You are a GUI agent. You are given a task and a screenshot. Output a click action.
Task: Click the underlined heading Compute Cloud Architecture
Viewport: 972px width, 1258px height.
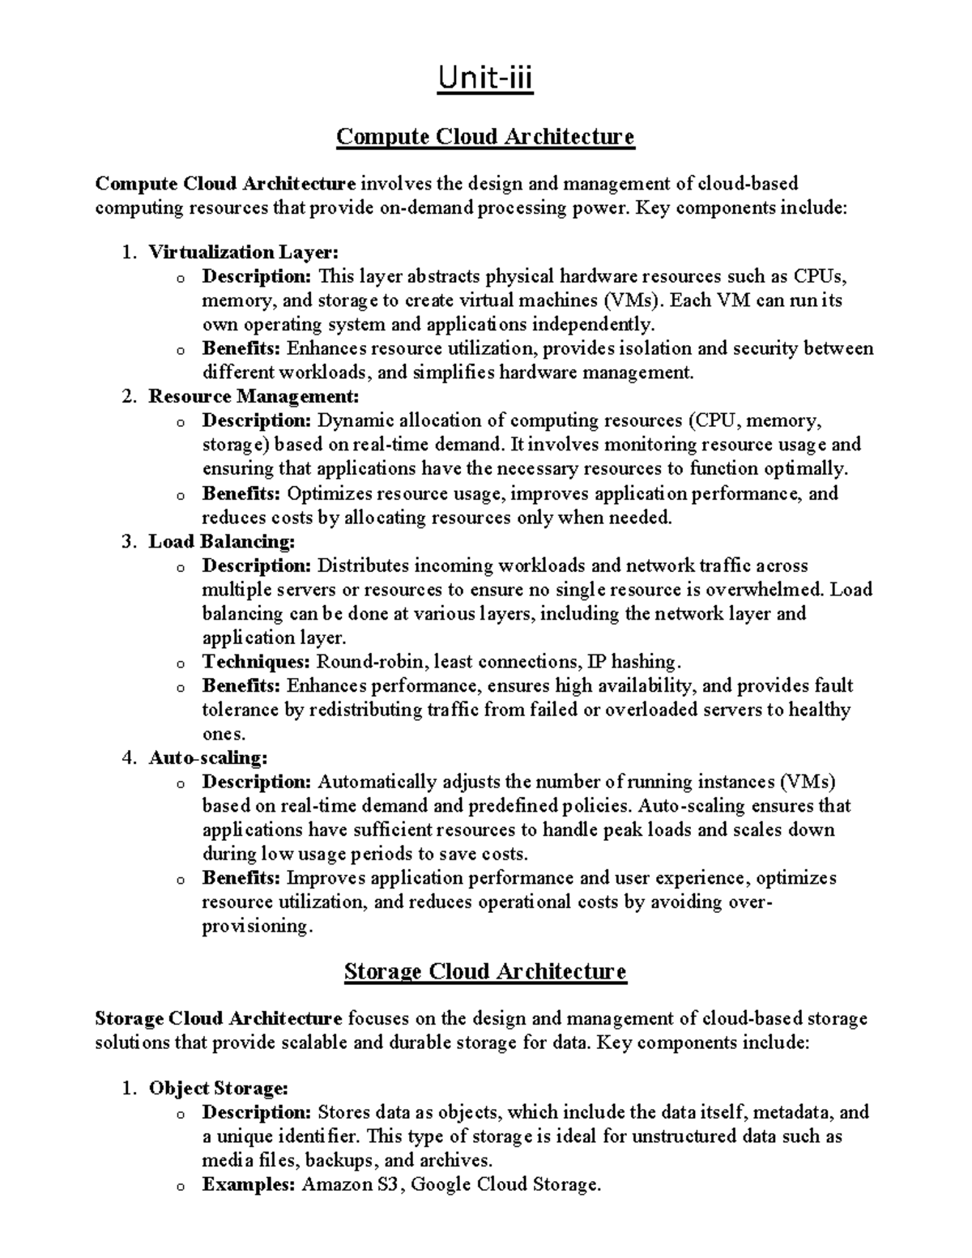[485, 137]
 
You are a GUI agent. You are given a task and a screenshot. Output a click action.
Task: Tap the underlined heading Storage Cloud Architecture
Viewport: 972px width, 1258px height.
[485, 971]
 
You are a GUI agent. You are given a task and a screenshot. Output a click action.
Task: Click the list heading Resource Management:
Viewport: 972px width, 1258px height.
[253, 397]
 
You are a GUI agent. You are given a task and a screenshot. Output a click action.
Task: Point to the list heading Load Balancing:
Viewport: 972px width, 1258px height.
[221, 541]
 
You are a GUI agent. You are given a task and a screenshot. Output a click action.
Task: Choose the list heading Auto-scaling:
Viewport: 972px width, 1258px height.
[207, 758]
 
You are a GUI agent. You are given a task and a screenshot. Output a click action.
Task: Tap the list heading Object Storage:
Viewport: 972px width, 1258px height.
[218, 1088]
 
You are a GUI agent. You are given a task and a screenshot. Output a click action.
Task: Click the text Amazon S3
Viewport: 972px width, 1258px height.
[352, 1184]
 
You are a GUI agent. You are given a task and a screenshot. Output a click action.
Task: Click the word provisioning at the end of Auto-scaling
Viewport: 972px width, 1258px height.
[255, 927]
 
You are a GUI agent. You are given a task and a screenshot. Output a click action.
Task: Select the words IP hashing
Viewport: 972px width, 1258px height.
[628, 662]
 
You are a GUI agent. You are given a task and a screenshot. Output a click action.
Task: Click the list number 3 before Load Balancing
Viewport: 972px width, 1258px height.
[127, 541]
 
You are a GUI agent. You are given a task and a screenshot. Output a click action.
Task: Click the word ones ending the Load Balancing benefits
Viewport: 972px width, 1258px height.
[221, 735]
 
